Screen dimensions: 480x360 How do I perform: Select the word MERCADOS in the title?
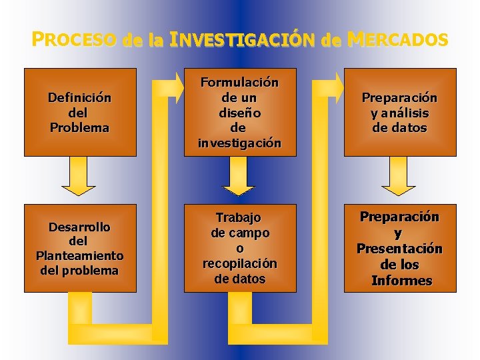click(x=397, y=40)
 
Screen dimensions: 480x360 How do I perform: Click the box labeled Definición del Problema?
click(x=80, y=112)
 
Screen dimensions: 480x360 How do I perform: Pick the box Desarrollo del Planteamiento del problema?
click(x=80, y=248)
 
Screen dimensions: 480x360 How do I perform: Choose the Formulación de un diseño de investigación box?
click(x=240, y=112)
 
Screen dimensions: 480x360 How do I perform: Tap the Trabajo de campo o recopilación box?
click(x=240, y=248)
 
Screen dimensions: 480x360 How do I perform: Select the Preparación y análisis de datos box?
click(x=400, y=112)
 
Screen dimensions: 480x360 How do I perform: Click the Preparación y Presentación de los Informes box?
click(x=400, y=248)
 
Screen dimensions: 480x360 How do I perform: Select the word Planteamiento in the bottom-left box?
click(x=80, y=255)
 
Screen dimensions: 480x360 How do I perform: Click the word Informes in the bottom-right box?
click(x=401, y=280)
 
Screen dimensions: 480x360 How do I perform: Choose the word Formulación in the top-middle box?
click(x=240, y=83)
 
